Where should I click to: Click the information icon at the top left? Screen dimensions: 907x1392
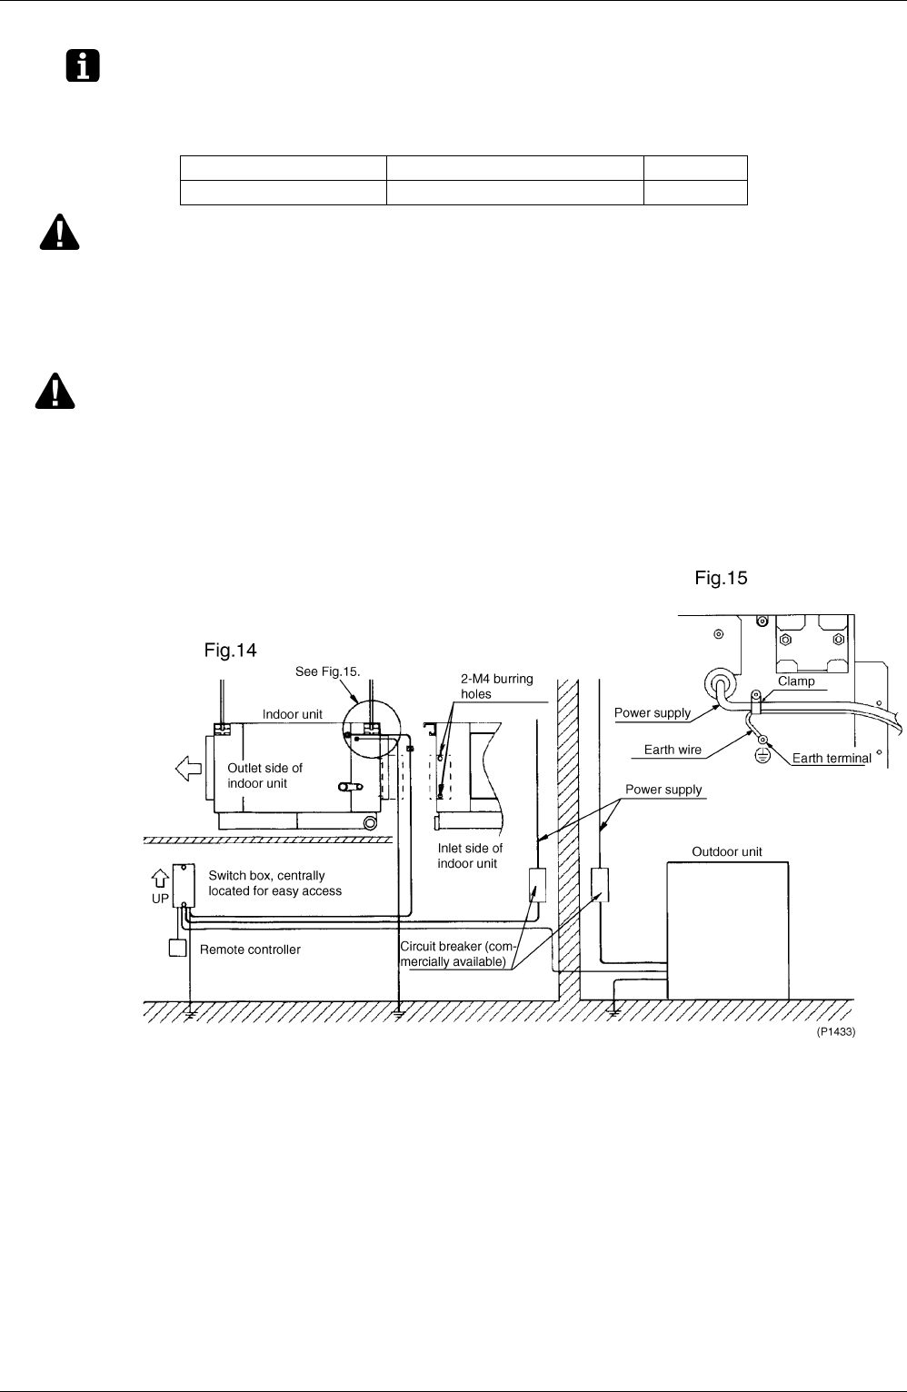(83, 65)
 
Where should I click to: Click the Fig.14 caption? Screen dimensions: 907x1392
(230, 650)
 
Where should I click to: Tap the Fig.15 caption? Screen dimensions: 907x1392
(721, 578)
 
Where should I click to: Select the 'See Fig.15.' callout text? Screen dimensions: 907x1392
(327, 671)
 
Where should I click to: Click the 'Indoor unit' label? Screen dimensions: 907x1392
(292, 714)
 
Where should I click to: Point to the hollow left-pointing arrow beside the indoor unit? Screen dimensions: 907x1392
(188, 769)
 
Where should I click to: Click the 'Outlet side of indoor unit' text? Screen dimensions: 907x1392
(264, 776)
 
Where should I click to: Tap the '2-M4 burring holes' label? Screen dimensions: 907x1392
(497, 686)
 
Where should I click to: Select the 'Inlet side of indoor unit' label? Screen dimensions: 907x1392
(470, 856)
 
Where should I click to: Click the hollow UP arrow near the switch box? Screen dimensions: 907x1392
(160, 878)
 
